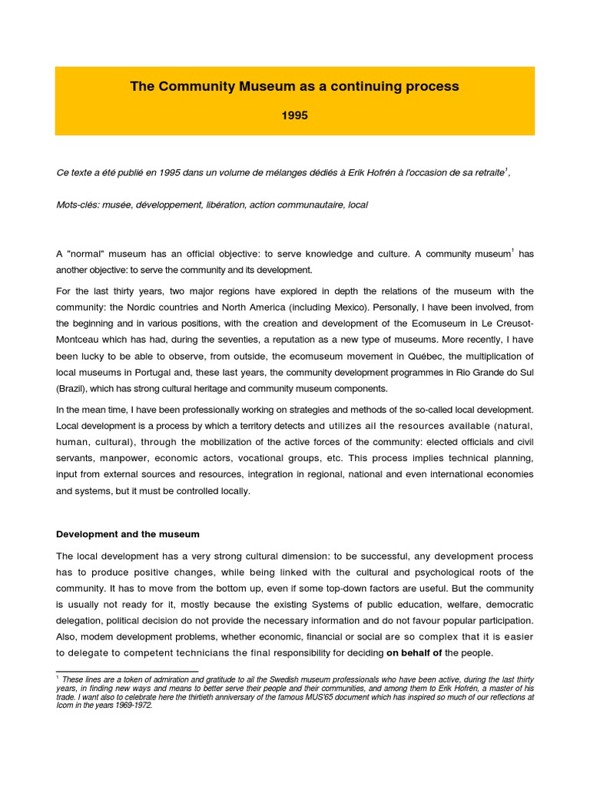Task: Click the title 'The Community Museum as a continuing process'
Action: coord(294,87)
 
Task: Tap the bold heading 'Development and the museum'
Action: coord(128,534)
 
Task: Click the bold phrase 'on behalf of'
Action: coord(414,653)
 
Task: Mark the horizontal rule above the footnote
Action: coord(127,672)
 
